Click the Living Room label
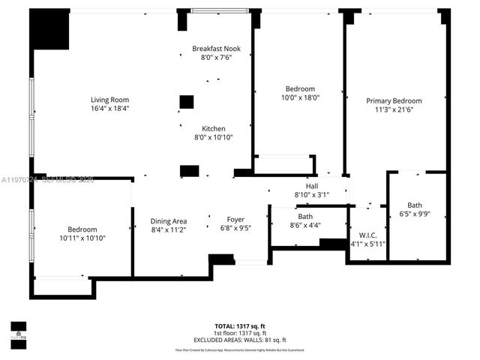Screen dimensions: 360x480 [110, 100]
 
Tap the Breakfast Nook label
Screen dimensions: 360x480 [217, 48]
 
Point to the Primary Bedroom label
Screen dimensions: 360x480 [394, 100]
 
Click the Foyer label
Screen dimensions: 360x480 [236, 220]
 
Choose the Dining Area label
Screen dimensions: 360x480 [169, 220]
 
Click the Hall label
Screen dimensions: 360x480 [312, 186]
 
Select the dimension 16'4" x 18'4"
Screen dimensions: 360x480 [110, 108]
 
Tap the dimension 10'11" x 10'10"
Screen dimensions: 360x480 [82, 238]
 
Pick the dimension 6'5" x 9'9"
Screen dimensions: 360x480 [415, 214]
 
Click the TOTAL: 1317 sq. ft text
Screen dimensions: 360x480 [240, 326]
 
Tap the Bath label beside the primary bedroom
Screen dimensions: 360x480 [415, 205]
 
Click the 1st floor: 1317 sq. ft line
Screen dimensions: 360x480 [240, 332]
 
